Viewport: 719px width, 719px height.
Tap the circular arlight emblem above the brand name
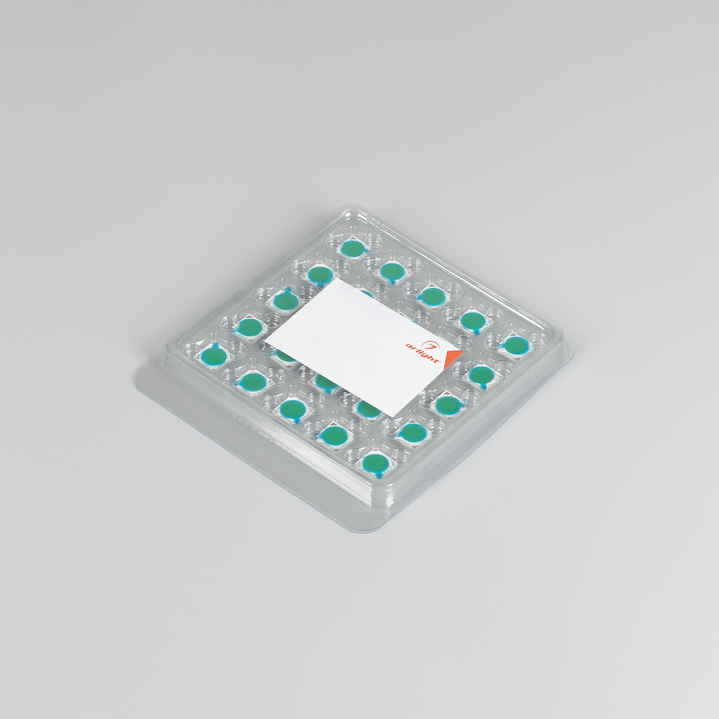tap(432, 344)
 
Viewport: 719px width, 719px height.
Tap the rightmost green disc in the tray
tap(516, 345)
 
